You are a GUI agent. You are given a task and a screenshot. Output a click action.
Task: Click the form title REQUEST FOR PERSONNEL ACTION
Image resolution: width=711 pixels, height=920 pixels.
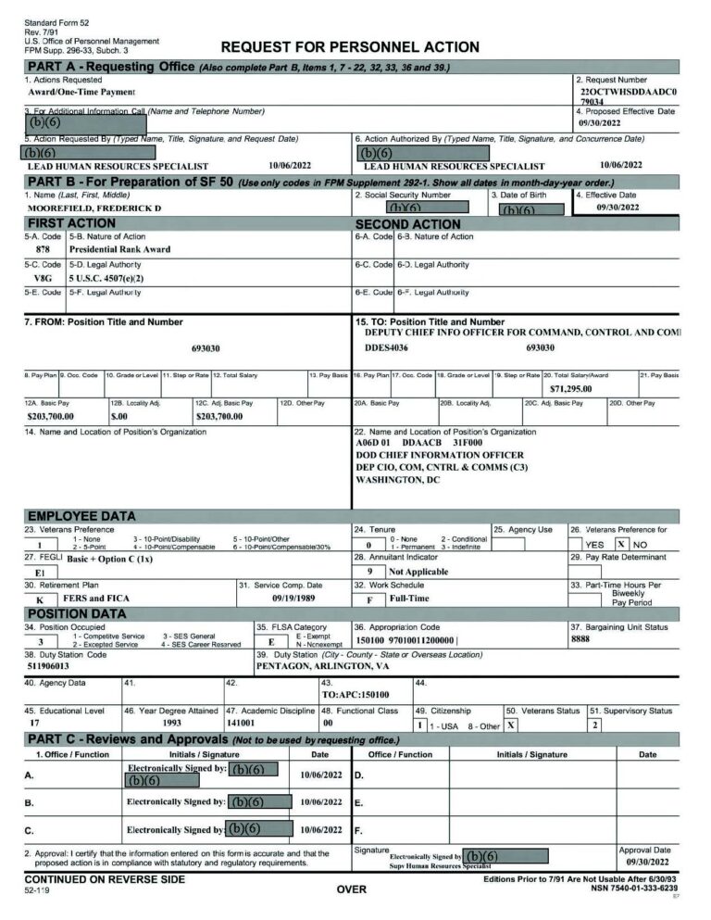(x=349, y=47)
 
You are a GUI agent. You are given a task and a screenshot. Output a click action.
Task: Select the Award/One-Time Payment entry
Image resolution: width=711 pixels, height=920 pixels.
(x=81, y=94)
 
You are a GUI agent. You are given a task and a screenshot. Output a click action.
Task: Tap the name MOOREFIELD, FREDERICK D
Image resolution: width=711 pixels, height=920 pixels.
(x=94, y=208)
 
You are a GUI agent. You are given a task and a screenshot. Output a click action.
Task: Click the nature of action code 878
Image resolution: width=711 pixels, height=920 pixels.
(x=43, y=249)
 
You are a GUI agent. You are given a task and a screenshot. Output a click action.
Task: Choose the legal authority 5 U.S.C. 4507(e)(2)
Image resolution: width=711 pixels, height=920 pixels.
(x=106, y=278)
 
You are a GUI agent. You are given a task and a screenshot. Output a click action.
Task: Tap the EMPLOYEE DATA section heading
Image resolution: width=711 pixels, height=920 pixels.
(x=81, y=516)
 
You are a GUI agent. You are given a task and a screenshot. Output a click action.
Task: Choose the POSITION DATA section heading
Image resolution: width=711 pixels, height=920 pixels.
(x=77, y=613)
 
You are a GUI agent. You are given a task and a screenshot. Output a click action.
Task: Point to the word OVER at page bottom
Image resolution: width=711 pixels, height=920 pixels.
(x=352, y=889)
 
